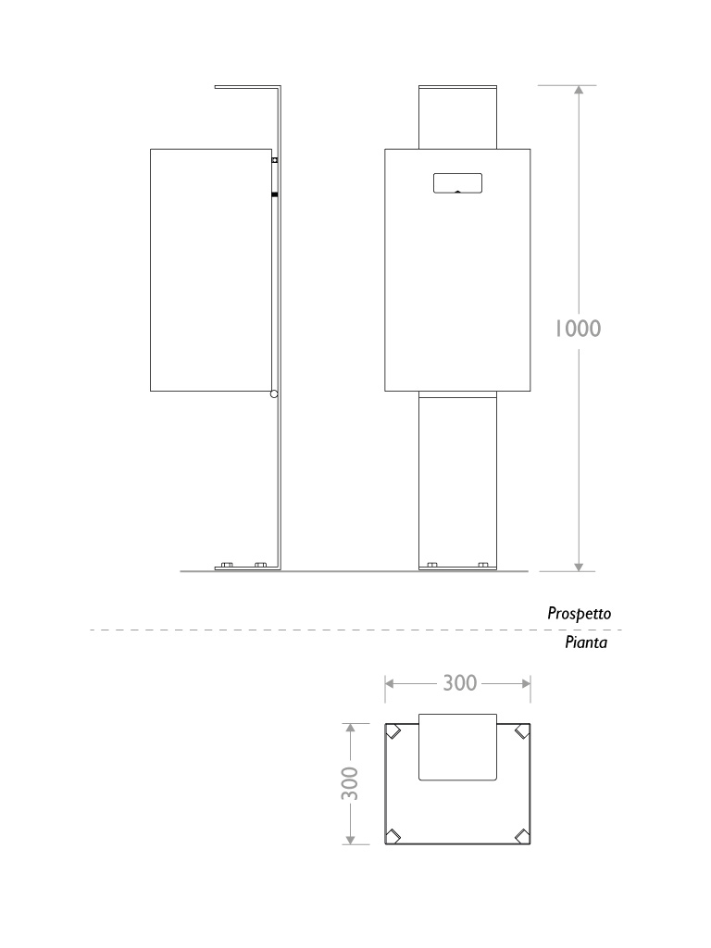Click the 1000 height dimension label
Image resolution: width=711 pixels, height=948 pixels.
point(578,329)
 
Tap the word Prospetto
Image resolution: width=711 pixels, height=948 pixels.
point(580,614)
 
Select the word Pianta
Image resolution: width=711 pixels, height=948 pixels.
point(586,642)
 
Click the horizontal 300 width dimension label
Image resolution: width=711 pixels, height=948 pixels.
point(460,683)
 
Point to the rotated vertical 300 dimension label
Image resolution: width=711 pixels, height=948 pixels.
point(350,783)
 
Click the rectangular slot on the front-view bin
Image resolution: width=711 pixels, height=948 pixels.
point(457,183)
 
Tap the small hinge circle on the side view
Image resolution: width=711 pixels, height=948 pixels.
point(274,394)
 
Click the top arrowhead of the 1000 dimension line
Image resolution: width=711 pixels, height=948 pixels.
point(579,90)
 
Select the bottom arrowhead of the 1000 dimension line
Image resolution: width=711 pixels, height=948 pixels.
point(579,567)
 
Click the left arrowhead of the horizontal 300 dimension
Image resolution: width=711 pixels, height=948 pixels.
point(390,684)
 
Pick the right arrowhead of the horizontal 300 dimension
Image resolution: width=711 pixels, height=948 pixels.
point(526,684)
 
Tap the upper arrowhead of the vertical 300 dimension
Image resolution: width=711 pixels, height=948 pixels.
point(350,728)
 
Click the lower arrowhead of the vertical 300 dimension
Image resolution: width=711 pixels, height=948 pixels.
point(350,840)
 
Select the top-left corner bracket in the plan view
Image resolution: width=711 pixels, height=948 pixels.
point(393,731)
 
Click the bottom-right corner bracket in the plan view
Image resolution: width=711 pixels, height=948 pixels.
point(522,836)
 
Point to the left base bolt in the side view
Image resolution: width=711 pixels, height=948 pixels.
point(227,565)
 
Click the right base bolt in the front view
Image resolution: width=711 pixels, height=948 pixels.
point(483,565)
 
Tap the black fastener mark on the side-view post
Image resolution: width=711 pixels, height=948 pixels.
point(274,194)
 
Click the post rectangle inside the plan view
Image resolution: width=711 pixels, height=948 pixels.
point(457,747)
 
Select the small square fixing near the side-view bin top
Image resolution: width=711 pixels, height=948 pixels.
point(274,160)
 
